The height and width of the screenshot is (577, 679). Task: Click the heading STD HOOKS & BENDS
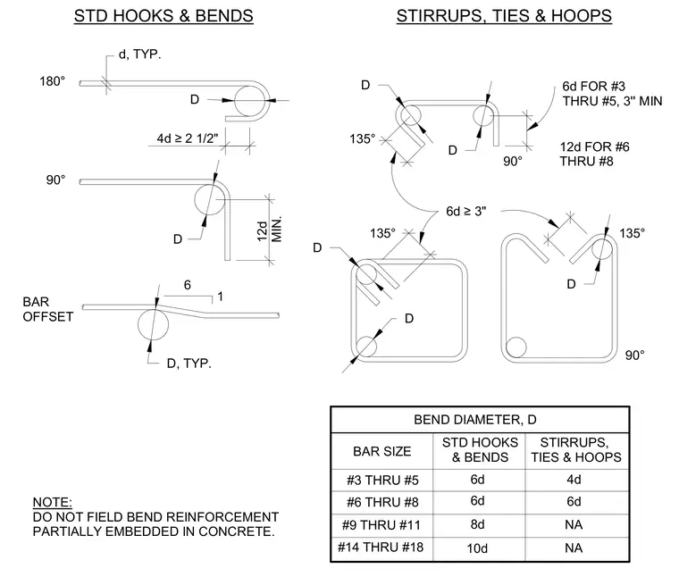point(163,16)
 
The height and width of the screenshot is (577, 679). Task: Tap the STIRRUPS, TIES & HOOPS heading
point(504,16)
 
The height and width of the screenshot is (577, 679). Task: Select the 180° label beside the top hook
point(53,81)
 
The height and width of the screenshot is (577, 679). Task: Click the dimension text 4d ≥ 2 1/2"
point(188,138)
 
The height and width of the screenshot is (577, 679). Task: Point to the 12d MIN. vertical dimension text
point(269,230)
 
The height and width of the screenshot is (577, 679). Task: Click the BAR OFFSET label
point(47,309)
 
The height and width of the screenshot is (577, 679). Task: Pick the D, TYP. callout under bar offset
point(189,364)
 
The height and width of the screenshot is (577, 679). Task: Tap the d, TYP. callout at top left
point(139,54)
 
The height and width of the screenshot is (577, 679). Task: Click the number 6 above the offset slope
point(187,285)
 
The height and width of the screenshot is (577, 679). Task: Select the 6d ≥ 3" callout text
point(466,211)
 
